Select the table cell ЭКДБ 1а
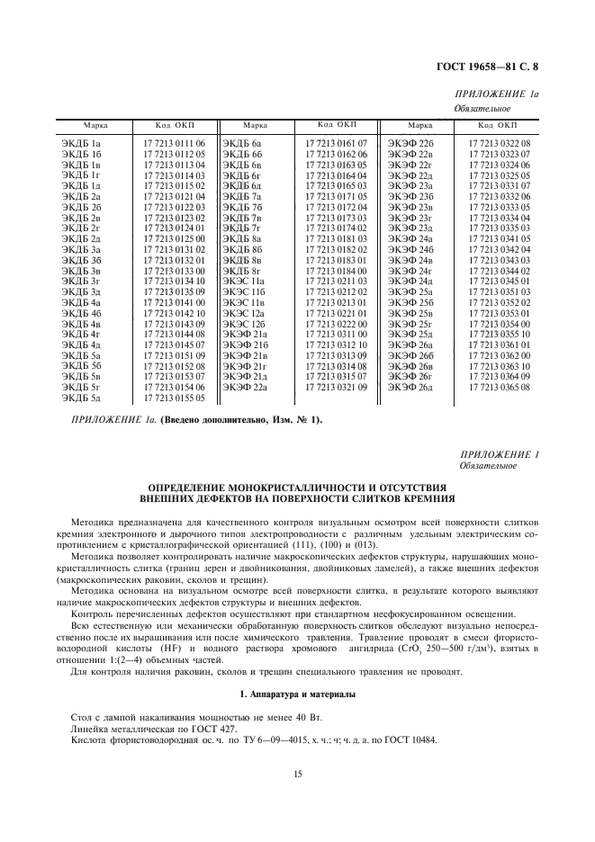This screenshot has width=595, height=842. pos(83,143)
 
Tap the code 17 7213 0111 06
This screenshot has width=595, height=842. pos(175,143)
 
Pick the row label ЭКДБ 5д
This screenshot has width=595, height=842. pos(83,397)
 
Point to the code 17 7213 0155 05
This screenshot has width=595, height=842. pos(175,397)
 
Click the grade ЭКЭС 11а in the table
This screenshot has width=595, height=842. pos(245,282)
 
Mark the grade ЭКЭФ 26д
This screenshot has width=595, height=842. pos(412,387)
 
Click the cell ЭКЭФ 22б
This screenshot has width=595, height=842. pos(412,143)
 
